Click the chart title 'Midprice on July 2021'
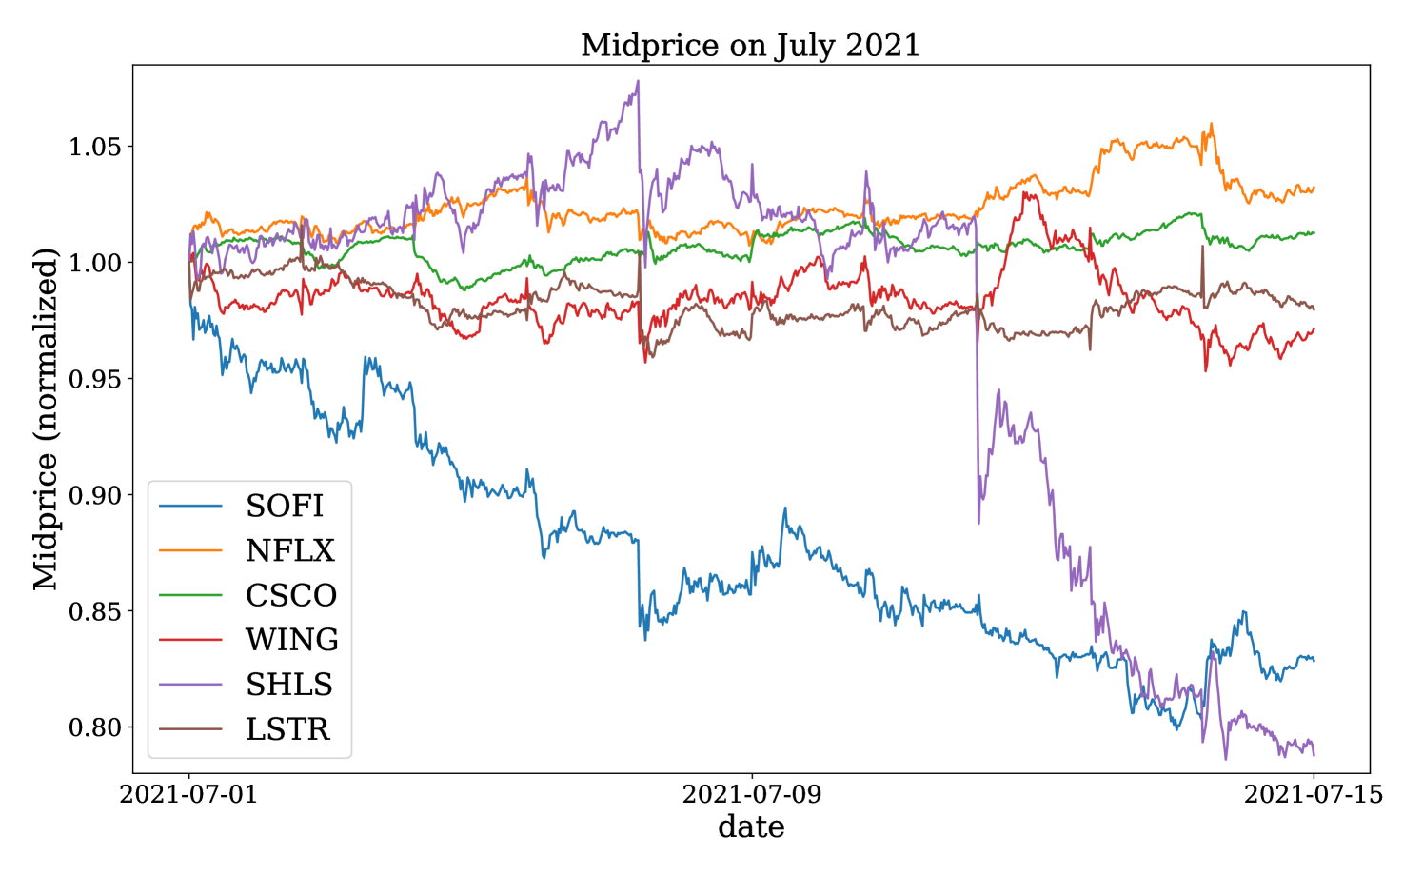click(x=750, y=46)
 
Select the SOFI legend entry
click(x=285, y=506)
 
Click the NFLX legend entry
click(x=289, y=550)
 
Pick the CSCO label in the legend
click(x=291, y=595)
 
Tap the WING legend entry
click(x=292, y=640)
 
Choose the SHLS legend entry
click(x=289, y=684)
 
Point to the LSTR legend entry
click(x=287, y=728)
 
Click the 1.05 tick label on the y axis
click(x=94, y=147)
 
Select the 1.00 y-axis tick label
click(x=94, y=263)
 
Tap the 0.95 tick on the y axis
click(x=94, y=379)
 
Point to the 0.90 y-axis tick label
click(x=94, y=495)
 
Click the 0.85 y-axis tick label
click(x=94, y=611)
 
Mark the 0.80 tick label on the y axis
click(x=94, y=727)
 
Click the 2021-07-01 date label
click(x=188, y=795)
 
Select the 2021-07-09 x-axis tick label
click(x=752, y=795)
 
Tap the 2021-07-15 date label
click(x=1314, y=795)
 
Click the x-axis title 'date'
click(x=751, y=827)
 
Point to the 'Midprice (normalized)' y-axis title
click(x=45, y=420)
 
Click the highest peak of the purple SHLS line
click(x=638, y=81)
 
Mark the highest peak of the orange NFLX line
click(x=1212, y=124)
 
